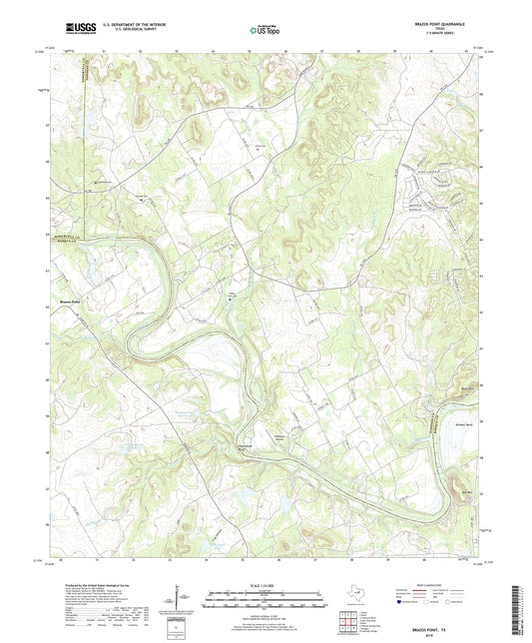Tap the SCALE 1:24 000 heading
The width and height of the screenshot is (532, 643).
click(266, 584)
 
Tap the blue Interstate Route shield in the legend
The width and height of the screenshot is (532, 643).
click(401, 603)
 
